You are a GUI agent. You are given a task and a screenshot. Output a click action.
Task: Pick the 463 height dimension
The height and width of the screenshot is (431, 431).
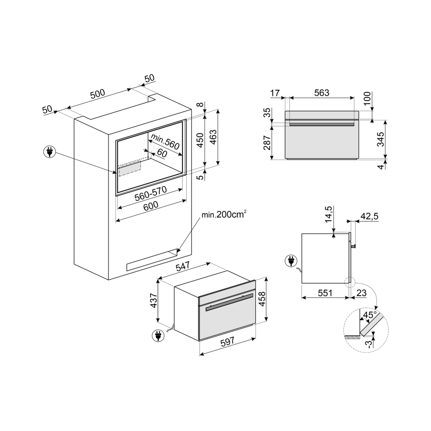point(213,138)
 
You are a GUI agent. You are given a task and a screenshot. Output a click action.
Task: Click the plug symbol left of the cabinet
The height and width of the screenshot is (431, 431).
point(50,152)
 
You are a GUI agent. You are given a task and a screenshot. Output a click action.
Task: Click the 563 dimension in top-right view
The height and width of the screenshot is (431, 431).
point(322,92)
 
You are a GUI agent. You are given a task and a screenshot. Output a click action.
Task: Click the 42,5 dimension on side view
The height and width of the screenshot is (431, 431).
point(369,217)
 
